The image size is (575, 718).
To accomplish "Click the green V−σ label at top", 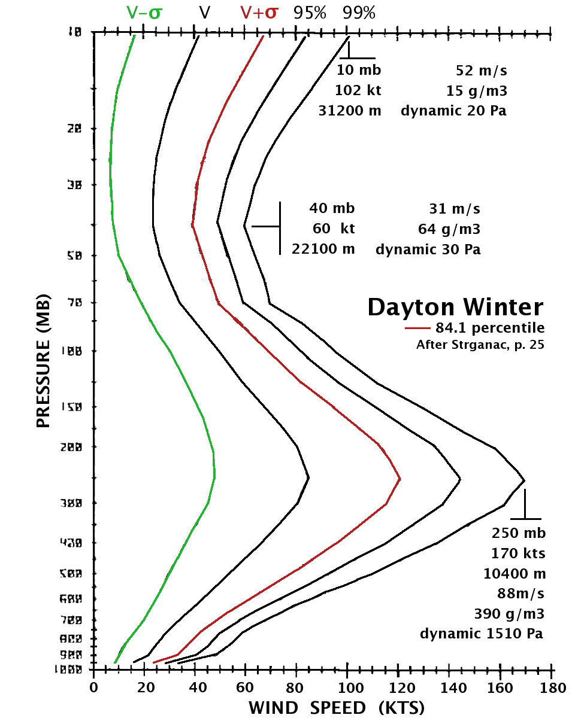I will coord(144,13).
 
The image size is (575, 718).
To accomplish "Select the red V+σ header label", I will coord(259,13).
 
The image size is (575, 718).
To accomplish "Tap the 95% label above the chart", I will coord(310,13).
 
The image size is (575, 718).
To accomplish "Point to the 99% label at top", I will coord(359,13).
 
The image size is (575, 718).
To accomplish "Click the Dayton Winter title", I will coord(455,307).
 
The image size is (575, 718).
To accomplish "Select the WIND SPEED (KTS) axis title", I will coord(337,708).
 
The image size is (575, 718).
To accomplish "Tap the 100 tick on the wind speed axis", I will coord(348,688).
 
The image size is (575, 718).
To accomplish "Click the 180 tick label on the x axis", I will coord(552,688).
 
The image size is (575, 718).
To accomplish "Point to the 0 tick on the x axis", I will coord(93,688).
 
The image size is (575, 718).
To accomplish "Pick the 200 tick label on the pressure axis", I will coord(72,446).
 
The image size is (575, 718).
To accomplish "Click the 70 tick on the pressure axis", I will coord(74,303).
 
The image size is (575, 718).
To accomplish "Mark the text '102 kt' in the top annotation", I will coord(358,90).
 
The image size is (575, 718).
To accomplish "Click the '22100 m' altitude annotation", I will coord(323,248).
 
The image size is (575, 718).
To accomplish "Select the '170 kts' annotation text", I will coord(519,553).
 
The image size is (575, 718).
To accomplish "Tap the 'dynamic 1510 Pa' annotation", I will coord(482,634).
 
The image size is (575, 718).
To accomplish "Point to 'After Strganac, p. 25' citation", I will coord(480,345).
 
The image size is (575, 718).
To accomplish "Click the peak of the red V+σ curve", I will coord(400,479).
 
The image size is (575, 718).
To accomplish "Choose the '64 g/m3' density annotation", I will coord(449,229).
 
